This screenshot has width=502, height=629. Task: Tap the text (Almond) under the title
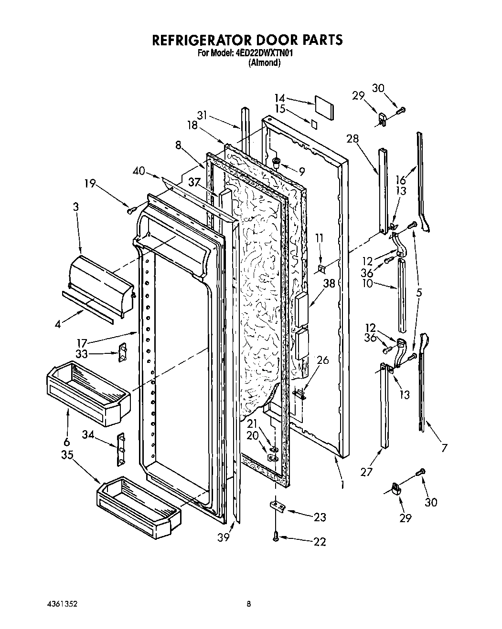pos(264,63)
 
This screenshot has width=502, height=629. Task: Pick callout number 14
pos(279,98)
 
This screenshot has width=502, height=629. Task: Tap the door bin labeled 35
pos(139,505)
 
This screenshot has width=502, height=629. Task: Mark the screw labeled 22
pos(276,537)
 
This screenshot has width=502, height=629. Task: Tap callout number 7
pos(444,447)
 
